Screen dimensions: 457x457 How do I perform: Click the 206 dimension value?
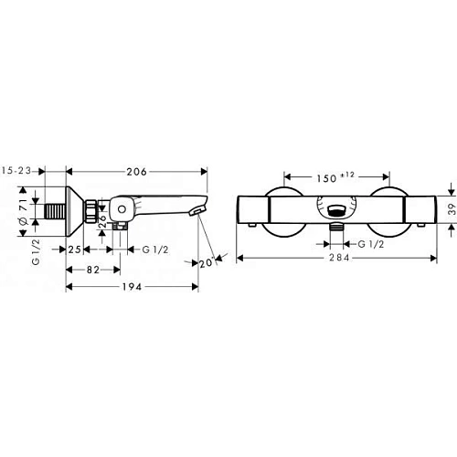click(136, 171)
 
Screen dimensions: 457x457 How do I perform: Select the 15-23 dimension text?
click(17, 171)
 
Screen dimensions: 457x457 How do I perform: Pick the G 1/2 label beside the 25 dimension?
click(147, 249)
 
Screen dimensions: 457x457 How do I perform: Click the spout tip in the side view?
click(194, 212)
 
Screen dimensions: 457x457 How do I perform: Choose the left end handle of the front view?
click(253, 210)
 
